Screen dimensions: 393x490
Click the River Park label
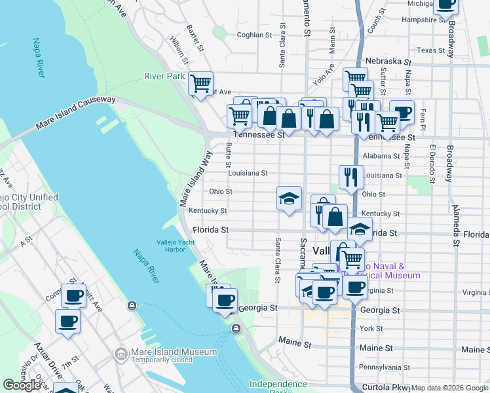click(x=165, y=77)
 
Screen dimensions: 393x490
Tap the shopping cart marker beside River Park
click(x=200, y=84)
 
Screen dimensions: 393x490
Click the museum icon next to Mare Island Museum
click(x=121, y=354)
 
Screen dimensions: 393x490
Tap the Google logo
click(x=22, y=385)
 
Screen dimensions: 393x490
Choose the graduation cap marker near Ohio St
click(x=289, y=198)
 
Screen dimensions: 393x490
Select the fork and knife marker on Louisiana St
click(x=351, y=177)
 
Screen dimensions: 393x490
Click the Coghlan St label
click(x=254, y=35)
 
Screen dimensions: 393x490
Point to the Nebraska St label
click(x=388, y=61)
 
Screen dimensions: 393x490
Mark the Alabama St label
click(x=381, y=156)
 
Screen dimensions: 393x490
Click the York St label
click(x=371, y=328)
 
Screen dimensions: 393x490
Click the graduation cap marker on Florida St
click(x=360, y=229)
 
